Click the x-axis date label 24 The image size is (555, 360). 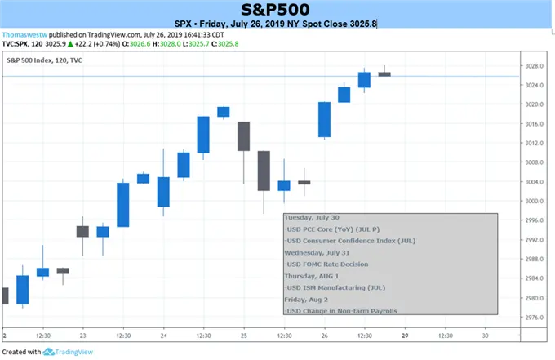(163, 336)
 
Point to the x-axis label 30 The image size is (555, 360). (485, 336)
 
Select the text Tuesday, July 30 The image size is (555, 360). (312, 218)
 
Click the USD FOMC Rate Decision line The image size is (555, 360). (326, 264)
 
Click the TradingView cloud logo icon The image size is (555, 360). (50, 351)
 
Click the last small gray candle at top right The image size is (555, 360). (384, 73)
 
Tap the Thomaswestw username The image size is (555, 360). (24, 34)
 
